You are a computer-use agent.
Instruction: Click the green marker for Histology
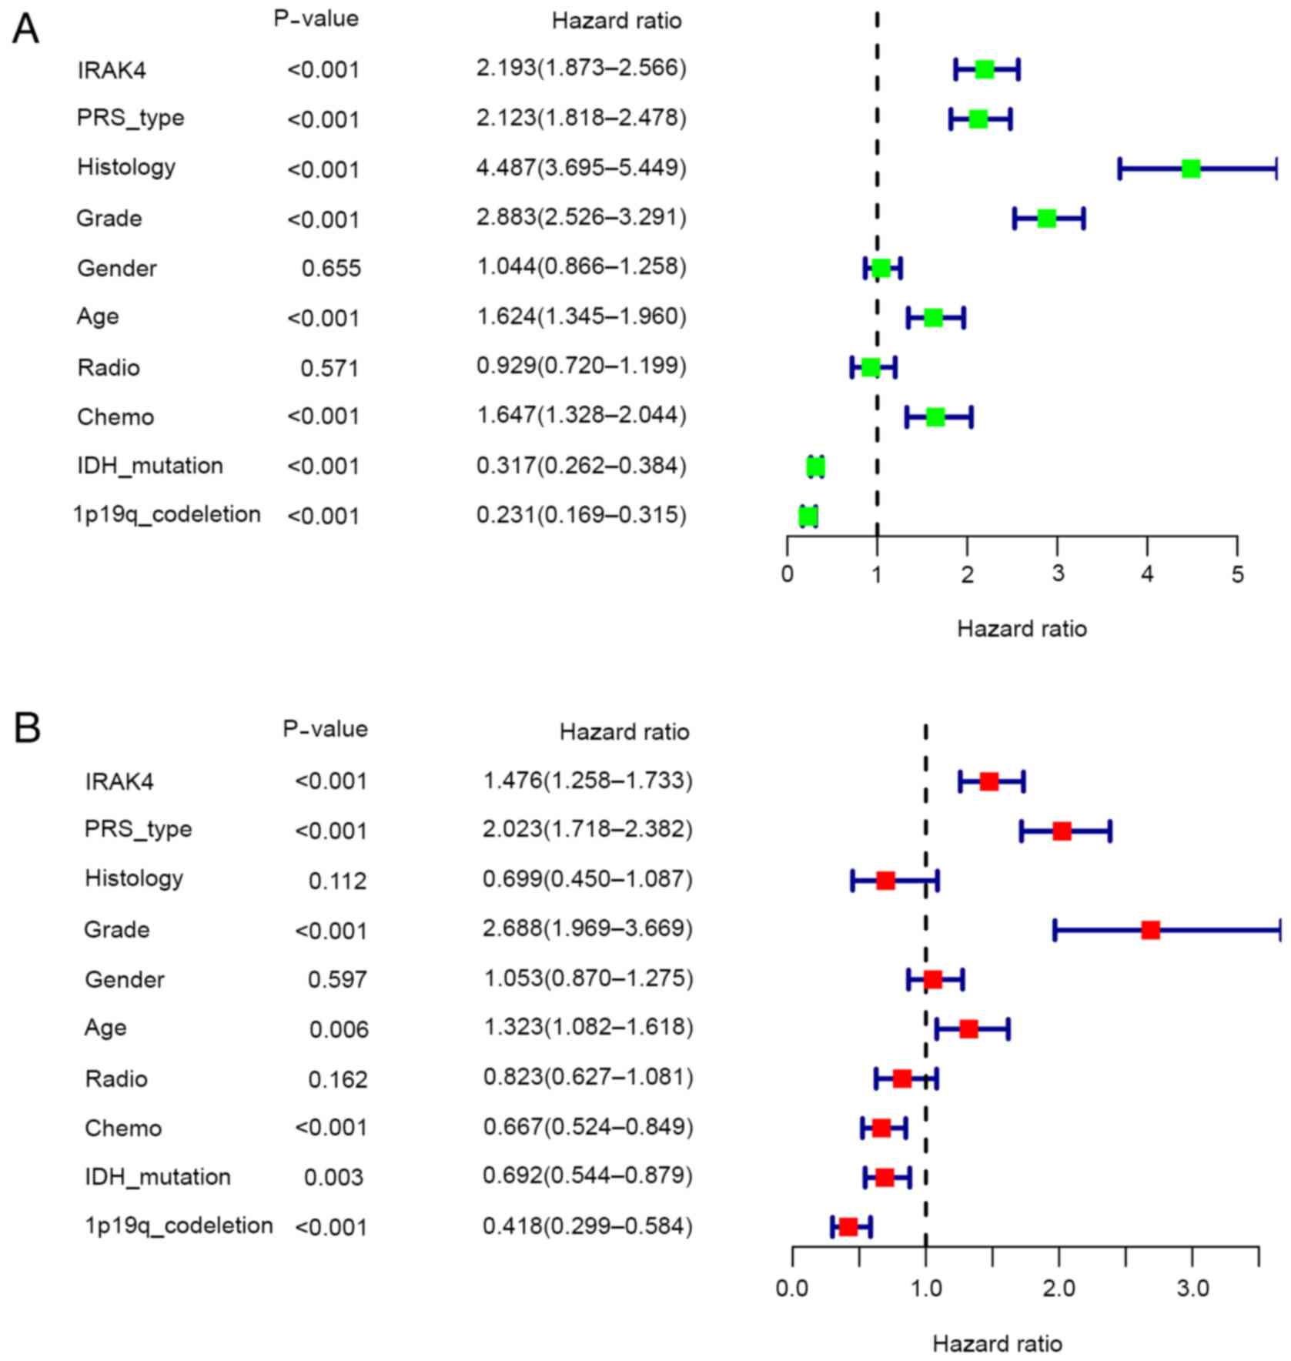tap(1190, 169)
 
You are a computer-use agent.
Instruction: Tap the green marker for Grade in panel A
tap(1046, 219)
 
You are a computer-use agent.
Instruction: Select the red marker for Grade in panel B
tap(1150, 930)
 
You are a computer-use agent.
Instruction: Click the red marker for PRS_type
tap(1062, 831)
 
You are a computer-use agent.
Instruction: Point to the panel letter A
tap(26, 31)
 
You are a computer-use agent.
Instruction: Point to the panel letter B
tap(27, 727)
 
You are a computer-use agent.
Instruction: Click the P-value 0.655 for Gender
tap(331, 269)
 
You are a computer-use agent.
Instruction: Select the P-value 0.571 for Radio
tap(329, 368)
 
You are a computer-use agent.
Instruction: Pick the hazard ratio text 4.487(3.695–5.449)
tap(581, 167)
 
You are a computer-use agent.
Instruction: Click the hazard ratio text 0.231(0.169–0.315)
tap(581, 514)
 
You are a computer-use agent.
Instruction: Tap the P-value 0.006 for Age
tap(339, 1029)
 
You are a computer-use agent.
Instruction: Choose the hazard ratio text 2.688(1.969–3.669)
tap(587, 928)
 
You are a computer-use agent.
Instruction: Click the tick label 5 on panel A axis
tap(1237, 575)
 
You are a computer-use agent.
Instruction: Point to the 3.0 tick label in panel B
tap(1192, 1289)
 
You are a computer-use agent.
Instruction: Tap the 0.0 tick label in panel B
tap(792, 1289)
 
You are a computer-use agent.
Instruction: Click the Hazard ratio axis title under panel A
tap(1022, 629)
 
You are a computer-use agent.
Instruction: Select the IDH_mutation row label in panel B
tap(157, 1177)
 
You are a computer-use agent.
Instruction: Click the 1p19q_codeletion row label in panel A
tap(167, 514)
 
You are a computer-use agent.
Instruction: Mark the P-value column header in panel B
tap(325, 728)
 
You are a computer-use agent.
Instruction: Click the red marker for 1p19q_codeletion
tap(848, 1226)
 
